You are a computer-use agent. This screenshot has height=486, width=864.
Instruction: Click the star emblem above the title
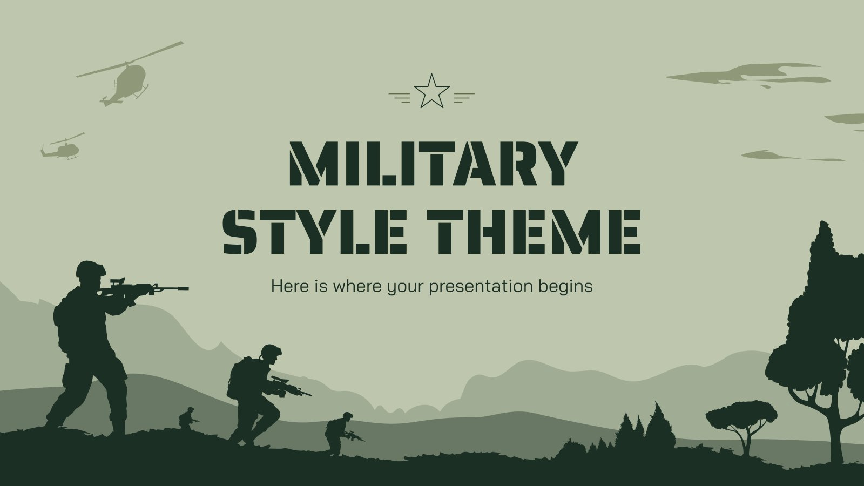point(431,91)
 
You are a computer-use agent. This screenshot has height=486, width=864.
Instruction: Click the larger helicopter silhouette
point(127,81)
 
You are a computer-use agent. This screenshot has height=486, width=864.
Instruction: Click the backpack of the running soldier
point(238,375)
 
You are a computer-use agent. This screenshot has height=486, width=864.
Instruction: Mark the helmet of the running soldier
point(271,350)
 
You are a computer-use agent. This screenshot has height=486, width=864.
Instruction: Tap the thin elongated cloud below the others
point(791,157)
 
